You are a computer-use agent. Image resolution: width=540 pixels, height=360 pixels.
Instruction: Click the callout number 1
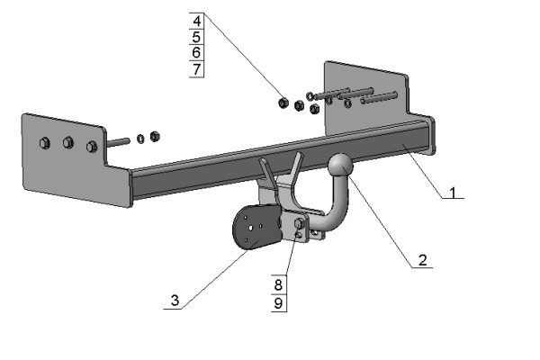click(x=454, y=191)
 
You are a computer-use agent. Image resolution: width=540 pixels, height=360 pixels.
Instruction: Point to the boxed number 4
click(x=197, y=20)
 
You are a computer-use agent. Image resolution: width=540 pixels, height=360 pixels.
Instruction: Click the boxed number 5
click(x=197, y=37)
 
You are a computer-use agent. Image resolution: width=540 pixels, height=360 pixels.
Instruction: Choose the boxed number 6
click(x=197, y=53)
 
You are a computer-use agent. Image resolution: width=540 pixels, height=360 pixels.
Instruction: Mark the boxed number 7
click(x=197, y=69)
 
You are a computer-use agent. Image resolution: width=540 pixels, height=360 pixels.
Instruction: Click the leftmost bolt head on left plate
click(x=44, y=142)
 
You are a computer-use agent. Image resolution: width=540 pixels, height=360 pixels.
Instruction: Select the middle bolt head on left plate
click(x=67, y=142)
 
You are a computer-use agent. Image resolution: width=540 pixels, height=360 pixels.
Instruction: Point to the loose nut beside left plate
click(x=154, y=137)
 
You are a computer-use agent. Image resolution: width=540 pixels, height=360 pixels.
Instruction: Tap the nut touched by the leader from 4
click(x=282, y=102)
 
